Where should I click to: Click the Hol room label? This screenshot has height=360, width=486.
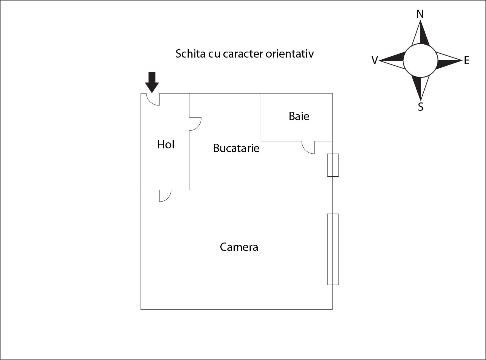(x=166, y=144)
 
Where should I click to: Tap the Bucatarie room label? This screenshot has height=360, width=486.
(x=236, y=148)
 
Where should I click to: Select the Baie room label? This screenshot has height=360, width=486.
(x=299, y=116)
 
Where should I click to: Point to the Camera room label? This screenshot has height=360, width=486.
(x=239, y=247)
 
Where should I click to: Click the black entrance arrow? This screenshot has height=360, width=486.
(x=152, y=82)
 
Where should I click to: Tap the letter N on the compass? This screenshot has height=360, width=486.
(x=420, y=14)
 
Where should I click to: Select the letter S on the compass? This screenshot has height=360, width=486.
(x=420, y=107)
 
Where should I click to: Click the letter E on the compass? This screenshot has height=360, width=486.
(x=467, y=61)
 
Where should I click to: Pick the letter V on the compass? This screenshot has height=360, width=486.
(x=375, y=60)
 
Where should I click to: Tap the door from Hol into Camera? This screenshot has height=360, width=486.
(x=168, y=199)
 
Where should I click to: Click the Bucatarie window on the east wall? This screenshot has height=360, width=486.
(x=333, y=165)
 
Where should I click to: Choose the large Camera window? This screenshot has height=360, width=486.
(x=333, y=249)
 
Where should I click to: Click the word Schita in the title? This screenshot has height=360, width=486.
(x=190, y=54)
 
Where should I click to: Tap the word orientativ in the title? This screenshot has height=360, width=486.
(x=290, y=54)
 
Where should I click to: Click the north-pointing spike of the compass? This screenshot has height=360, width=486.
(x=420, y=33)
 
